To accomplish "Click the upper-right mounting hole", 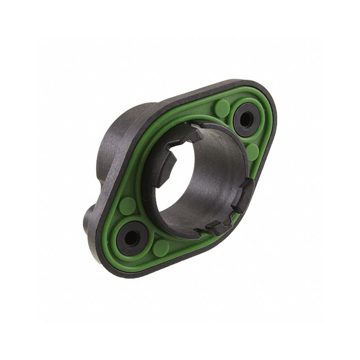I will (x=246, y=119).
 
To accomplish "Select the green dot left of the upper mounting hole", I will (x=221, y=108).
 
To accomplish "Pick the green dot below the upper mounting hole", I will (x=252, y=152).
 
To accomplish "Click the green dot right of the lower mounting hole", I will (x=161, y=247).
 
